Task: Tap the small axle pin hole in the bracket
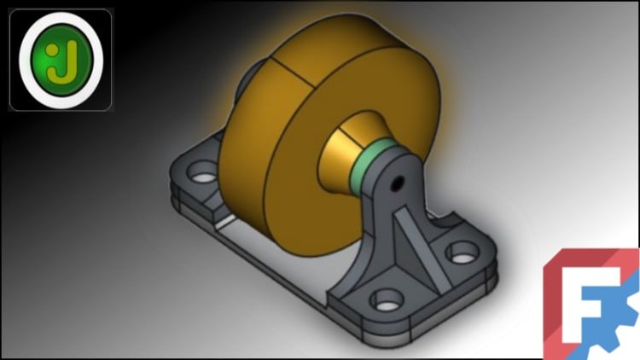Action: coord(397,182)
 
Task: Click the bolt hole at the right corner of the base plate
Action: coord(462,253)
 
